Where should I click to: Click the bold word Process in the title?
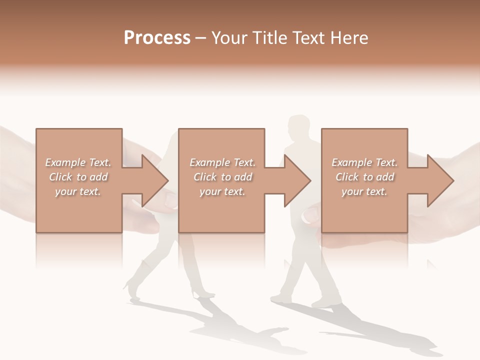point(157,38)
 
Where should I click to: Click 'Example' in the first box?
point(65,162)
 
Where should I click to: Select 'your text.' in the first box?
point(78,191)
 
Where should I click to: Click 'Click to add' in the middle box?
point(222,177)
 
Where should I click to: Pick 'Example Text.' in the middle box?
point(222,162)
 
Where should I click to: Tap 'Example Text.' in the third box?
point(364,162)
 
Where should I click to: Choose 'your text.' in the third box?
point(364,191)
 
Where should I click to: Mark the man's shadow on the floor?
point(380,330)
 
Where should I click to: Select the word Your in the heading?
point(228,38)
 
